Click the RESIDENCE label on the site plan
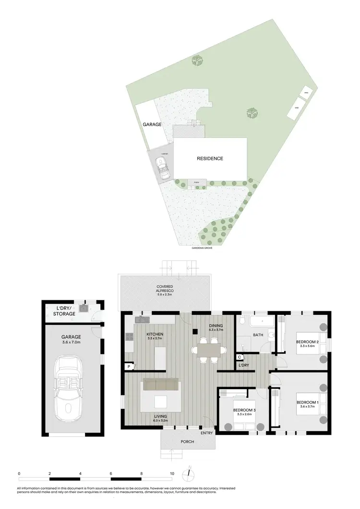(x=210, y=158)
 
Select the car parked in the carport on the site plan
(x=164, y=169)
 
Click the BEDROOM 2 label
(x=304, y=343)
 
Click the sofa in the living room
(x=161, y=384)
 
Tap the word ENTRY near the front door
(x=207, y=433)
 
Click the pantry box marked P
(x=129, y=367)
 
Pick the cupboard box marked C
(x=239, y=357)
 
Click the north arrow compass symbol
(x=190, y=473)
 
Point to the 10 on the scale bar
(x=172, y=473)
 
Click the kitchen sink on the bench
(x=143, y=320)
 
